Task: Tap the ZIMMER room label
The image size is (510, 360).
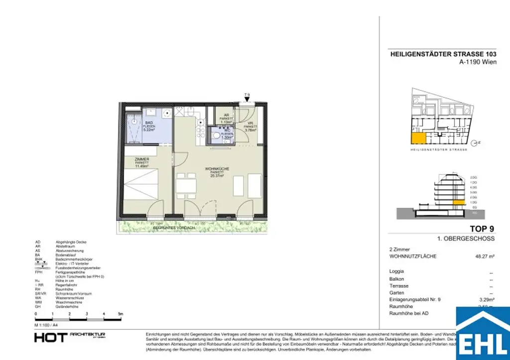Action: [142, 159]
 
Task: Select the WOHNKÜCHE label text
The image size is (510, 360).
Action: [216, 169]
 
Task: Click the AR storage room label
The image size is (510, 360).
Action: [227, 115]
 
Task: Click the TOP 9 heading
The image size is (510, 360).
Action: [482, 230]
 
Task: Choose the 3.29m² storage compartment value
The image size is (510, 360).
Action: [486, 300]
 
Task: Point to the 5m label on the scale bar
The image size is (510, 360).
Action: [120, 315]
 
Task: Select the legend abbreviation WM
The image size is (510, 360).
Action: [38, 302]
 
